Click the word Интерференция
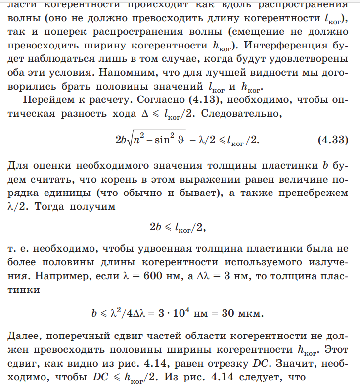(281, 46)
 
